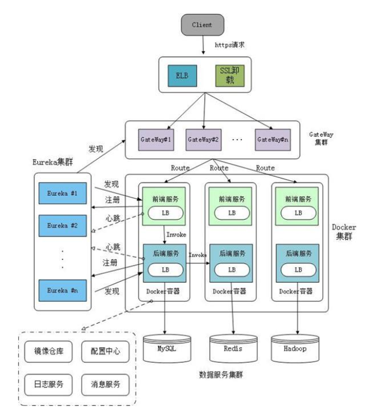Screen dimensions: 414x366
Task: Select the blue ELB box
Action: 181,75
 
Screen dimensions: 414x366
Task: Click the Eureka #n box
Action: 62,289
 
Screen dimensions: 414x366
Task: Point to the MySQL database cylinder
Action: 166,349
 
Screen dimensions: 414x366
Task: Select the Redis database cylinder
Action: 233,349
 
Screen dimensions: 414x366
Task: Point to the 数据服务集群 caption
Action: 221,375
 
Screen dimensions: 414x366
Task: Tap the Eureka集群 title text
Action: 55,162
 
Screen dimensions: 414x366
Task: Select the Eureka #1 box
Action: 62,194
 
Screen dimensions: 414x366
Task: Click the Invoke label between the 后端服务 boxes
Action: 197,255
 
